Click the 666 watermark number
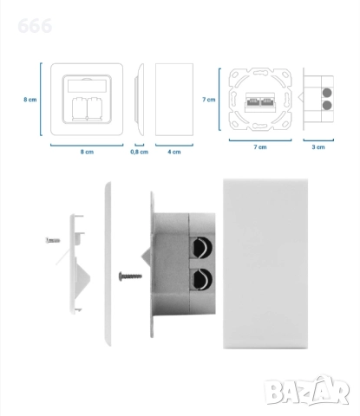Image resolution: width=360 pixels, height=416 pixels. click(x=35, y=26)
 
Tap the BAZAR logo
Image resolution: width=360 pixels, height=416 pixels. click(x=307, y=390)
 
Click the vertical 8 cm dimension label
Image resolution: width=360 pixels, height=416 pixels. click(x=30, y=100)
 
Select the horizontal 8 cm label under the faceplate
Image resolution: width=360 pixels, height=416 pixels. click(x=87, y=152)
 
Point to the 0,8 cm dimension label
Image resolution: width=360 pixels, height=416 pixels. click(x=140, y=152)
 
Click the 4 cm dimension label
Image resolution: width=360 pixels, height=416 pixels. click(x=174, y=152)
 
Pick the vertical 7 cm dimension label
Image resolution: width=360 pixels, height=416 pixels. click(x=209, y=100)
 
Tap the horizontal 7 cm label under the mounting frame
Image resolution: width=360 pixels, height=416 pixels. click(x=260, y=147)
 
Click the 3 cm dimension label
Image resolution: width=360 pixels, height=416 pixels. click(x=318, y=147)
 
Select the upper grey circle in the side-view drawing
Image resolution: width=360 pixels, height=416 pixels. click(x=327, y=93)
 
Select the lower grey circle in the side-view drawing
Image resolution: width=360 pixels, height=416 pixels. click(x=327, y=105)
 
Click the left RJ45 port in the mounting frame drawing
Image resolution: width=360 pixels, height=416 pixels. click(x=253, y=102)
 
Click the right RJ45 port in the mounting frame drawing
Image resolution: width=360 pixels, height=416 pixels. click(x=267, y=102)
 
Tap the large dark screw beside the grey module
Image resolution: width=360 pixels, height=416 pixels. click(x=130, y=276)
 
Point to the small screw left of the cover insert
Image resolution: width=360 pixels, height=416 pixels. click(x=53, y=240)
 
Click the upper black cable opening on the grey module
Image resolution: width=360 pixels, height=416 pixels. click(x=202, y=248)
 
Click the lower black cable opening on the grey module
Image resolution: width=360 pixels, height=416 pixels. click(x=202, y=279)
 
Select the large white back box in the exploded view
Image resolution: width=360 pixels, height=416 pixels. click(x=265, y=263)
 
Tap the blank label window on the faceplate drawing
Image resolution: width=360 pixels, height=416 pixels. click(x=87, y=87)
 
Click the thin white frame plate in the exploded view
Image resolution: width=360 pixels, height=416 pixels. click(x=108, y=263)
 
